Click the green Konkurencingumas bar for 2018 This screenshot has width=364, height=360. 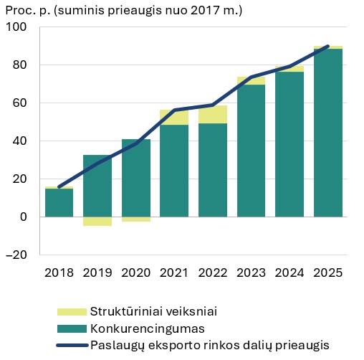point(59,202)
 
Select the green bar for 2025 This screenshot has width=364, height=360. point(328,133)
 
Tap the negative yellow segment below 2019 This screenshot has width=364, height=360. point(97,221)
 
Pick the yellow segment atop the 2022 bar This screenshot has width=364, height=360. point(213,114)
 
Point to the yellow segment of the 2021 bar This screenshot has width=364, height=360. point(174,117)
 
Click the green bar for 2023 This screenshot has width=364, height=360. point(251,151)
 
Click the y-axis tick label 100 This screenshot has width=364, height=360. point(16,27)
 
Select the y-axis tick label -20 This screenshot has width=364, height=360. point(16,255)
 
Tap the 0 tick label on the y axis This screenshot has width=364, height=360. point(23,217)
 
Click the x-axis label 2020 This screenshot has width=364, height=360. point(135,273)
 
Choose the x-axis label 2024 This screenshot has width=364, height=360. point(289,273)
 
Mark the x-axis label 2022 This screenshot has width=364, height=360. point(213,273)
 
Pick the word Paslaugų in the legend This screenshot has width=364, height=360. point(117,345)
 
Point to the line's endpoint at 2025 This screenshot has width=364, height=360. point(328,47)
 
